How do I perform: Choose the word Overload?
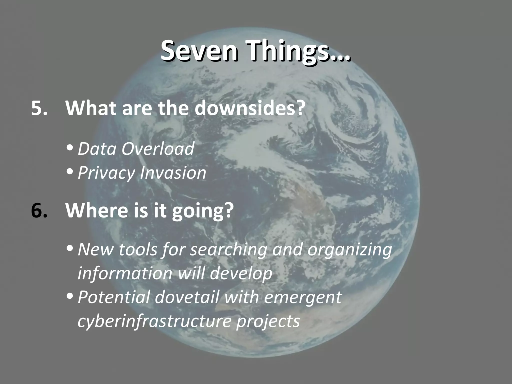click(x=158, y=149)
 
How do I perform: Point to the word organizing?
click(x=349, y=250)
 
